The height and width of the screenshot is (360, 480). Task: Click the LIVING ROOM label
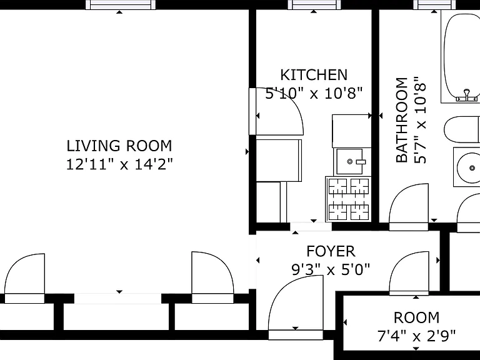(x=119, y=146)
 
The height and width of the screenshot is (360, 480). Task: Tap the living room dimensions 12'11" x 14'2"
(x=120, y=165)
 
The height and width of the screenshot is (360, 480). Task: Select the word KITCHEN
(x=314, y=75)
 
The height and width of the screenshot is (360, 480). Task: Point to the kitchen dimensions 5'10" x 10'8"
(x=314, y=93)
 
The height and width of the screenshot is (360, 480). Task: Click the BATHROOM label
(x=402, y=120)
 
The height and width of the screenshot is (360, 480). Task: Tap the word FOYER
(x=331, y=251)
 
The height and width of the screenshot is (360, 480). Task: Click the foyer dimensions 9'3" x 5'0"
(x=331, y=270)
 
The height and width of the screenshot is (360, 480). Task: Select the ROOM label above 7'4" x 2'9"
(x=416, y=317)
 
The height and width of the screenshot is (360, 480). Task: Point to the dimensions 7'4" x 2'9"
(x=416, y=336)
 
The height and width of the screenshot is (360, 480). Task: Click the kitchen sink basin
(x=349, y=161)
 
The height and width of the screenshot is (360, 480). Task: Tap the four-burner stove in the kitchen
(x=348, y=199)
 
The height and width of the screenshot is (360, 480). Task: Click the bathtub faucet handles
(x=466, y=96)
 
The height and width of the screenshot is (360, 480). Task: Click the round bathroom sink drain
(x=472, y=168)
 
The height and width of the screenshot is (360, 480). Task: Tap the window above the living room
(x=120, y=4)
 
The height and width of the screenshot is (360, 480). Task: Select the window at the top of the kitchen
(x=314, y=4)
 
